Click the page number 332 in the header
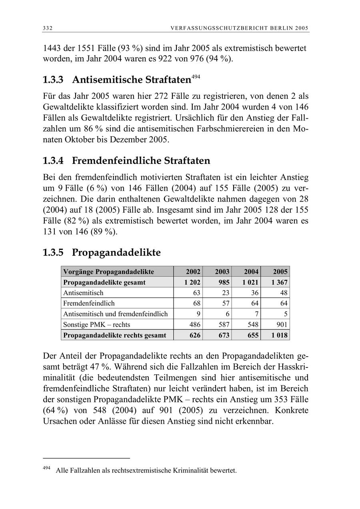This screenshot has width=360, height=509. pos(48,28)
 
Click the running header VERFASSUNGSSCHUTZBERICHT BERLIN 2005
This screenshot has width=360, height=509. pos(239,28)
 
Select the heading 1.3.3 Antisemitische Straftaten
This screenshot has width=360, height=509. pos(116,80)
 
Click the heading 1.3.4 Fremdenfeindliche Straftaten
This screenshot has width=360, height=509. pos(126,161)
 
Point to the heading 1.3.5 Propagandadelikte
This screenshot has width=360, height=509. pos(102,253)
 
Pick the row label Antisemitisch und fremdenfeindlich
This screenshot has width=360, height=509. pos(116,314)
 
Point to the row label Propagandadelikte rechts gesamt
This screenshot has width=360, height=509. pos(115,335)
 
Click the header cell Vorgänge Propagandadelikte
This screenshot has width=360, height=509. pos(108,272)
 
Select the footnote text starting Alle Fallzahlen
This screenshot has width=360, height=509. pos(146,471)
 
